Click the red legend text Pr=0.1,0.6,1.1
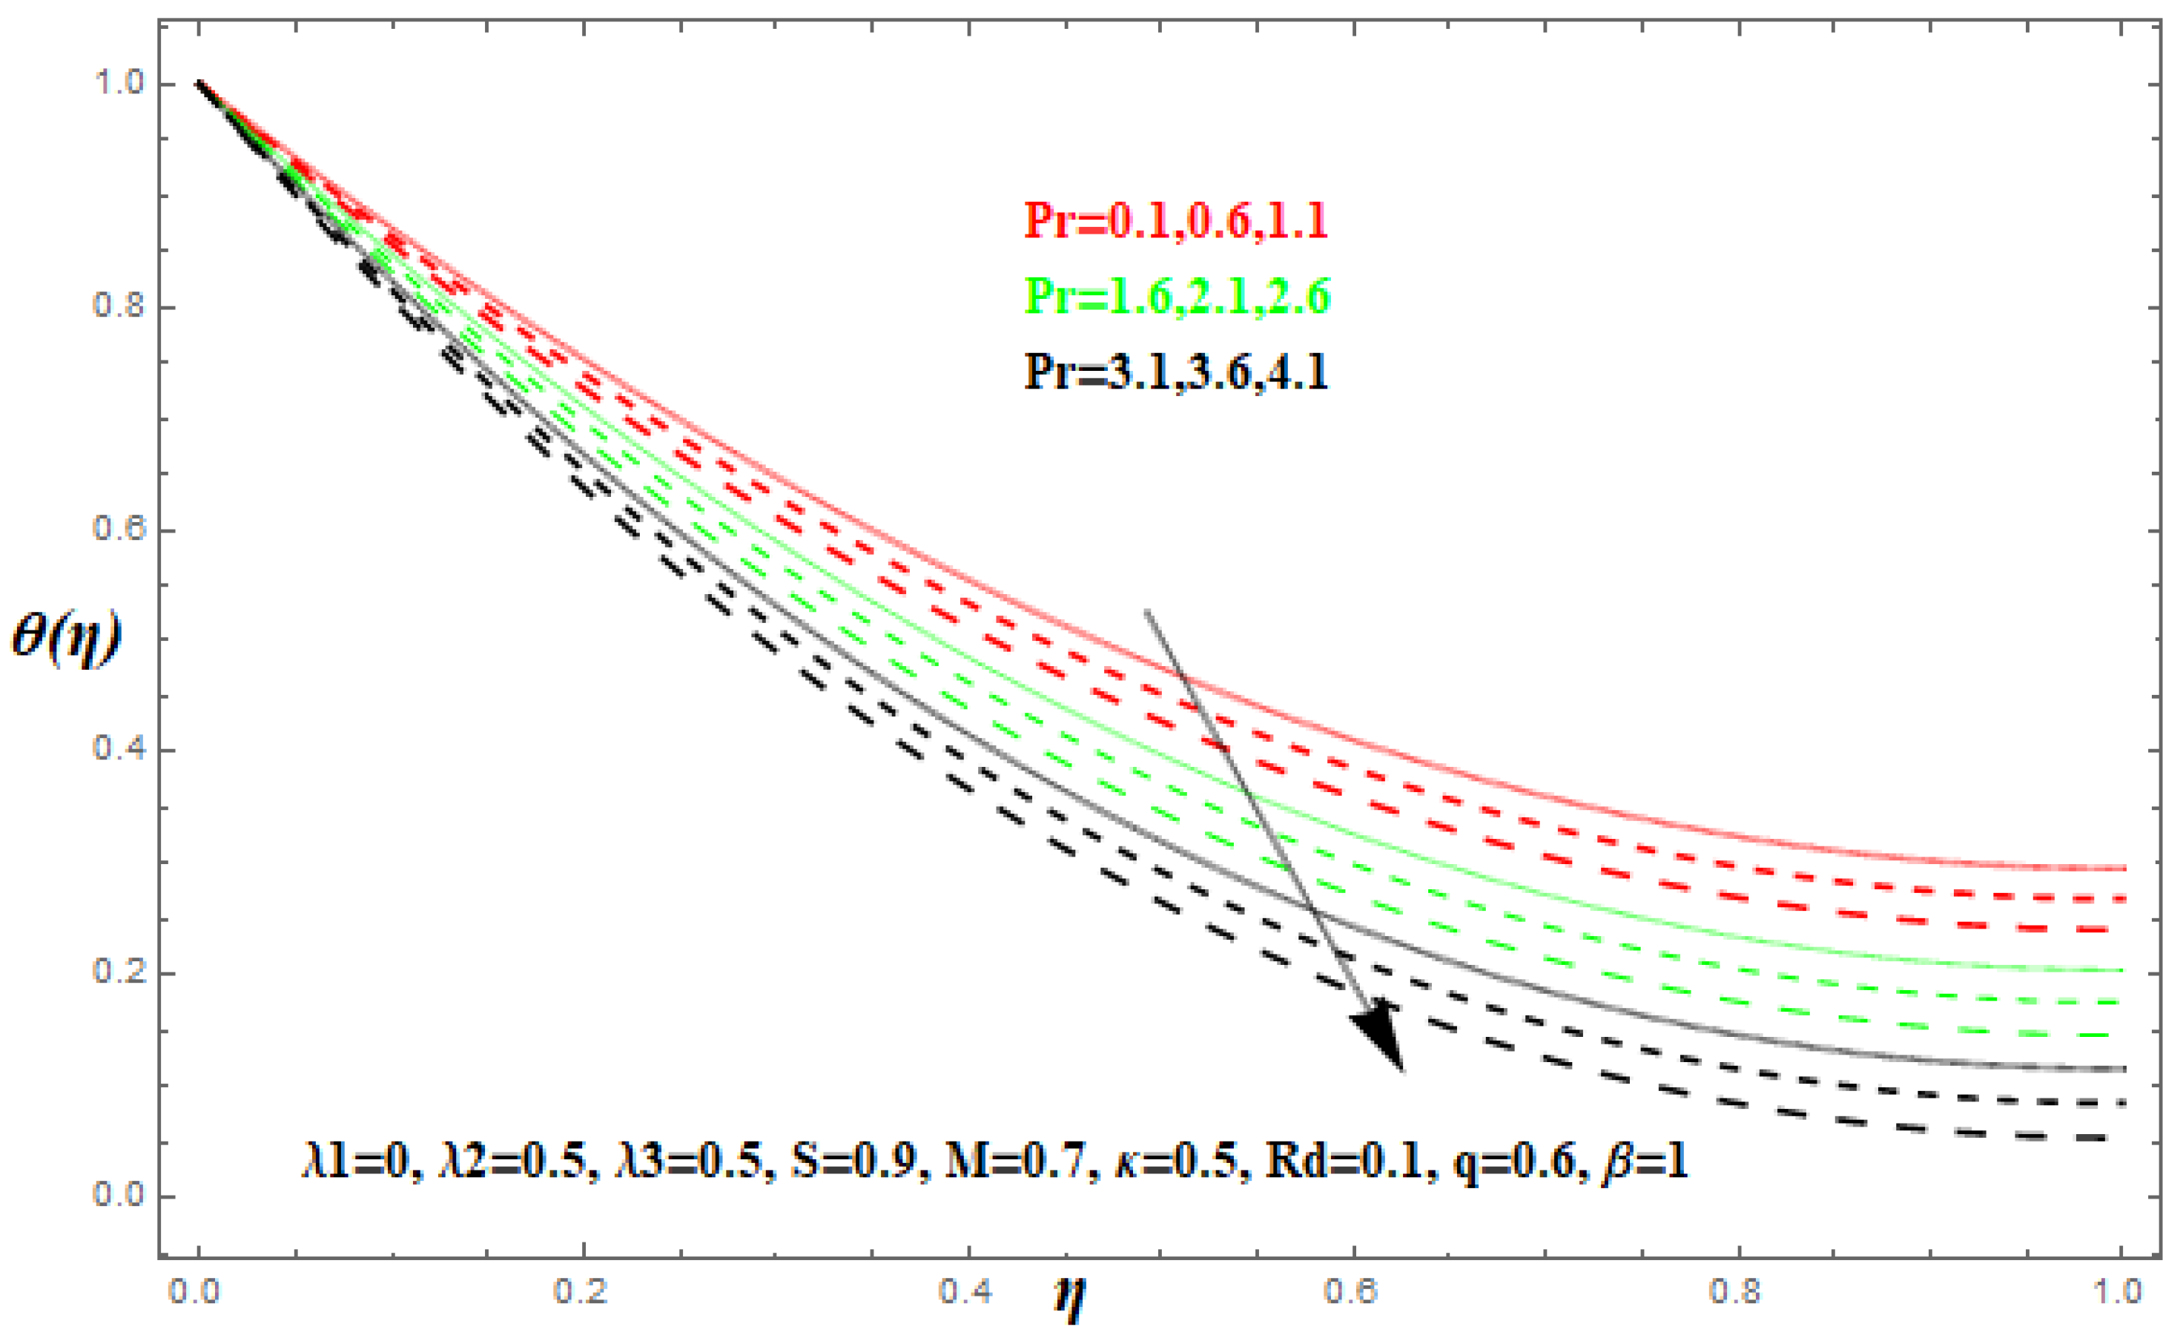pos(1177,221)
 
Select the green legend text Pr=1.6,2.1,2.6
pos(1177,297)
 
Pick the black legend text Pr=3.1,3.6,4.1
pos(1177,372)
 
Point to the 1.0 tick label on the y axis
pos(118,85)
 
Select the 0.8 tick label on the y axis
pos(118,307)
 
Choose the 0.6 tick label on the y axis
pos(118,530)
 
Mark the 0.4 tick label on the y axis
pos(118,751)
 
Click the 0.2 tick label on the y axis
pos(118,973)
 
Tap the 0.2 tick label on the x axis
pos(581,1291)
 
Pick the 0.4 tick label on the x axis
pos(966,1291)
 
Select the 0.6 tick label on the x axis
pos(1351,1291)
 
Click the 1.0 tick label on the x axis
pos(2121,1291)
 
